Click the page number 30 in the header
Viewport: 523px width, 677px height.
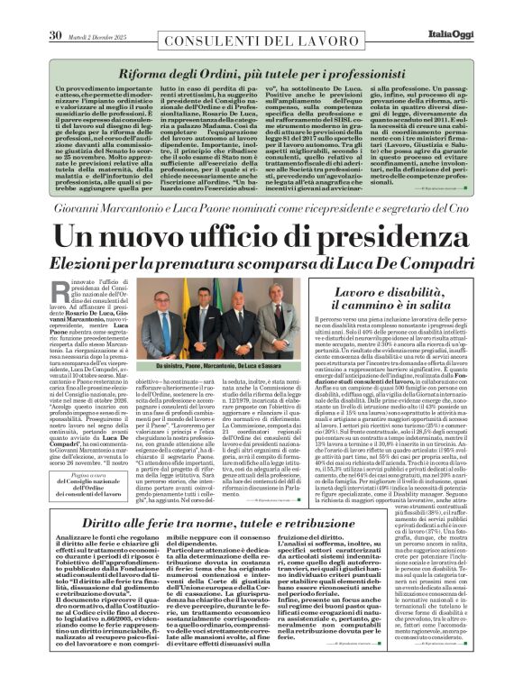click(x=54, y=11)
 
